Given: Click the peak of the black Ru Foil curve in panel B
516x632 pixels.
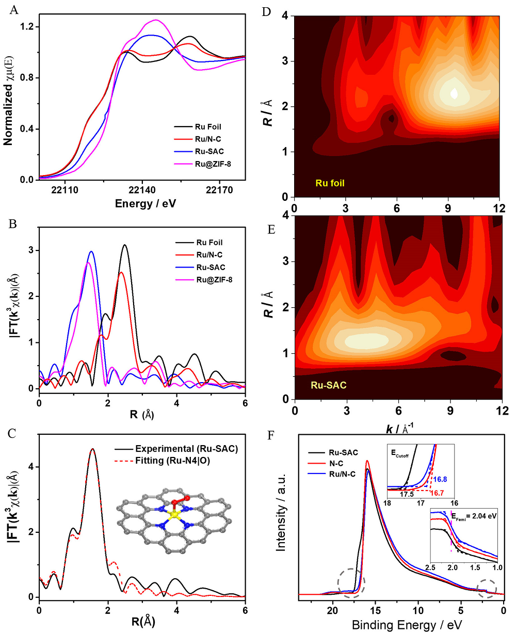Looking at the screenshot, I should click(x=124, y=245).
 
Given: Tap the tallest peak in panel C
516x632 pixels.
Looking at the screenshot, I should click(x=92, y=449).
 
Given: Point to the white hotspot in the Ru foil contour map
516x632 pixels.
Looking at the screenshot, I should click(x=454, y=93).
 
